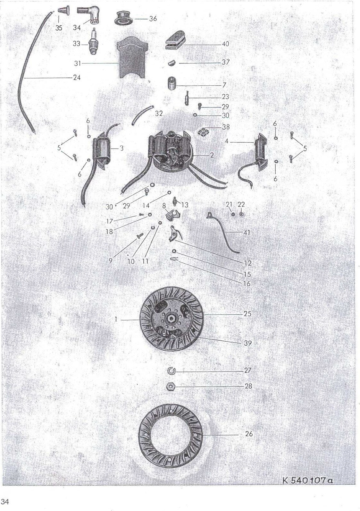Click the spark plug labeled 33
(x=94, y=41)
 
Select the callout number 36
(x=153, y=19)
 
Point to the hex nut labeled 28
(x=171, y=387)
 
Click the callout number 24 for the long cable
(x=77, y=78)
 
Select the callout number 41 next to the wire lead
(x=247, y=233)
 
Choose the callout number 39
(x=248, y=343)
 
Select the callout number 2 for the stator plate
(x=212, y=155)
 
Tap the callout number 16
(x=247, y=284)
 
